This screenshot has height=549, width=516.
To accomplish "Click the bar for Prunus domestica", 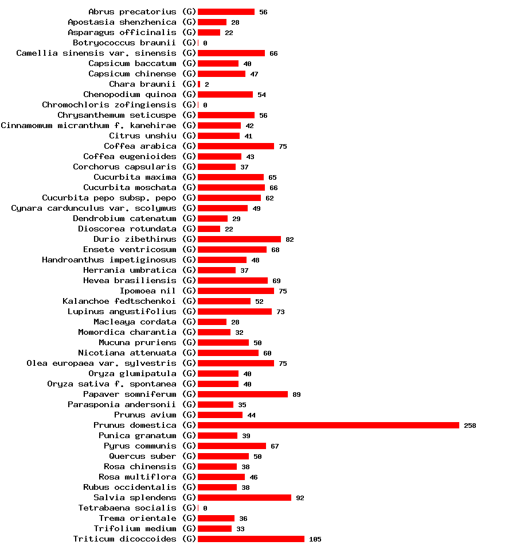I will point(328,425).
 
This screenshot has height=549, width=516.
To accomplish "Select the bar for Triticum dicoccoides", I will point(251,539).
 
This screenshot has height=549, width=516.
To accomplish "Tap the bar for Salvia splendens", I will point(244,497).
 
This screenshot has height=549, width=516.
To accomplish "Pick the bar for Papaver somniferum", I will point(243,394).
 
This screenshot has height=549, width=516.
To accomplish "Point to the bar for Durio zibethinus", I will point(239,239).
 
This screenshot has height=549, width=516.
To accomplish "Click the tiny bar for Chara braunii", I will point(199,84).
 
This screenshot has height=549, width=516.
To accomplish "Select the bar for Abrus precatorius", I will point(226,11).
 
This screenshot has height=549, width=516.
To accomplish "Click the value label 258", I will point(470,426).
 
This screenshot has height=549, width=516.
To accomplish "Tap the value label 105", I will point(315,539).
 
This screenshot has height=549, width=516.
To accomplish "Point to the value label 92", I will point(300,498).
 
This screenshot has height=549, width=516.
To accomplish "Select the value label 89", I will point(296,395).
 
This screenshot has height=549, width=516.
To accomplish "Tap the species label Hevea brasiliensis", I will point(130,280).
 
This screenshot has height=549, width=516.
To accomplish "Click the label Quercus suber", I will point(143,456).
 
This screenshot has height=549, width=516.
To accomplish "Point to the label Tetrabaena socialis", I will point(127,508).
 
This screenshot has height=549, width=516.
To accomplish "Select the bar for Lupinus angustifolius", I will point(234,311).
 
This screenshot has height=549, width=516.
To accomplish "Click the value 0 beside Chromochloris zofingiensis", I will point(205,105).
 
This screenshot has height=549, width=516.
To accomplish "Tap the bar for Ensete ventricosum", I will point(232,249).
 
